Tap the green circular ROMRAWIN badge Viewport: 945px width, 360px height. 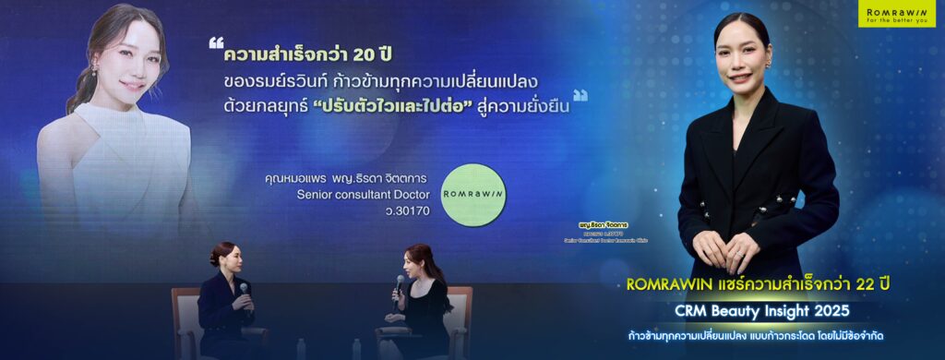pyautogui.click(x=472, y=193)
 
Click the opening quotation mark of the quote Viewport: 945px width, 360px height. pyautogui.click(x=217, y=43)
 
